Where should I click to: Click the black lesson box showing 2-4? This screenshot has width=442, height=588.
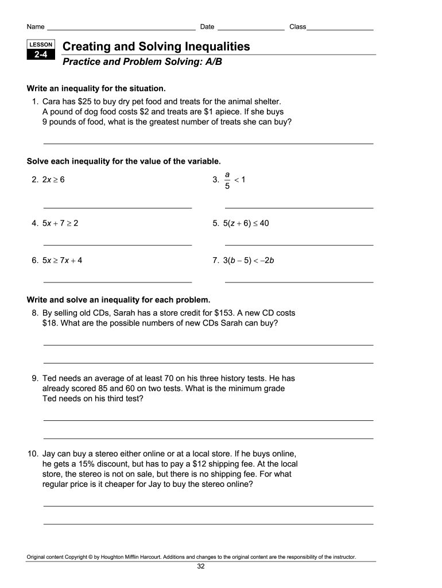coord(40,55)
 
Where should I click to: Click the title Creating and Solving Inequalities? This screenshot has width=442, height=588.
coord(156,47)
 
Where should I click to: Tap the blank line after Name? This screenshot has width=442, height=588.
coord(121,28)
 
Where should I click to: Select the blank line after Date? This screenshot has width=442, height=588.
coord(251,28)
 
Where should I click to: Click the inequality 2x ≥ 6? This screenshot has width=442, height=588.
coord(53,180)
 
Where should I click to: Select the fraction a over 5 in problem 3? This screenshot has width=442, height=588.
coord(227,180)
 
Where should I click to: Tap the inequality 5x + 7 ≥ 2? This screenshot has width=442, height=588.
coord(60,223)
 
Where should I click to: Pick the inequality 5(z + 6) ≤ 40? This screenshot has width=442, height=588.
coord(246,223)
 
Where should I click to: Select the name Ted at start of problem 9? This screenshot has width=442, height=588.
coord(50,378)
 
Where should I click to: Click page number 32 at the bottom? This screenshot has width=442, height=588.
coord(201,566)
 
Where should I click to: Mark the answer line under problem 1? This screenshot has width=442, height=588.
coord(208,143)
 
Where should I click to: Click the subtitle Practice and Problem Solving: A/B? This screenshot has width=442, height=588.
coord(142,61)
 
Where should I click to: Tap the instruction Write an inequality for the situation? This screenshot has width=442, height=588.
coord(96,88)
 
